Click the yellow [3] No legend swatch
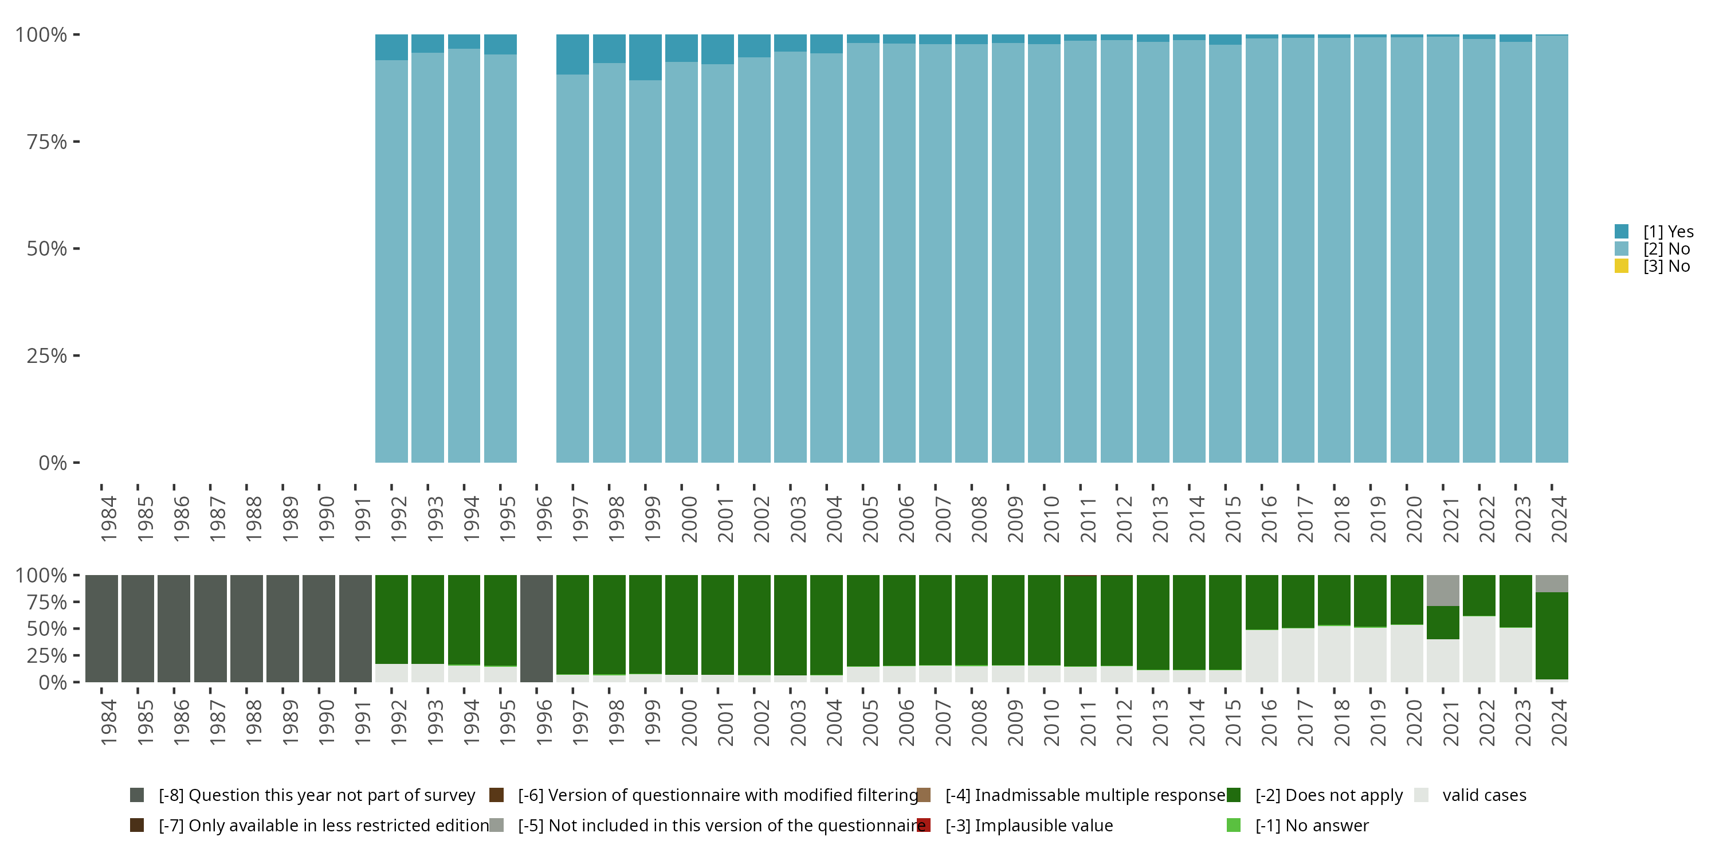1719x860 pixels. [x=1621, y=267]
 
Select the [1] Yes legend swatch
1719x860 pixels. [x=1621, y=232]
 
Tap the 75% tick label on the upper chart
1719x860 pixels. [x=47, y=142]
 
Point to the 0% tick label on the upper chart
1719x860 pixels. [x=52, y=463]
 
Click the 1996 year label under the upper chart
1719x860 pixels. [x=544, y=519]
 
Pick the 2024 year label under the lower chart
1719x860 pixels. [x=1558, y=722]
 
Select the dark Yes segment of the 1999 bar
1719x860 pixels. [x=645, y=57]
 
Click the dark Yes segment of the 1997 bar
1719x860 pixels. [x=572, y=54]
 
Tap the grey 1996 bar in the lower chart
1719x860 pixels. [x=536, y=628]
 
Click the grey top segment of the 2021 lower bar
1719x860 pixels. [x=1443, y=591]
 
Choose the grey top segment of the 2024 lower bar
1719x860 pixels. [x=1552, y=584]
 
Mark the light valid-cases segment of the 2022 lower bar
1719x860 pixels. [x=1479, y=648]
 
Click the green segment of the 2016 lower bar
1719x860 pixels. [x=1261, y=602]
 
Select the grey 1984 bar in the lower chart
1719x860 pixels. [x=101, y=628]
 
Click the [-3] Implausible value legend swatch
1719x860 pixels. [x=924, y=825]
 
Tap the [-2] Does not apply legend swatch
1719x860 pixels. [x=1233, y=795]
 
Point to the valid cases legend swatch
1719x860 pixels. [x=1422, y=795]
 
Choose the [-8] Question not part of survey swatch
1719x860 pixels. [x=137, y=795]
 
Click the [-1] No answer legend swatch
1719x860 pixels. [x=1233, y=825]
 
